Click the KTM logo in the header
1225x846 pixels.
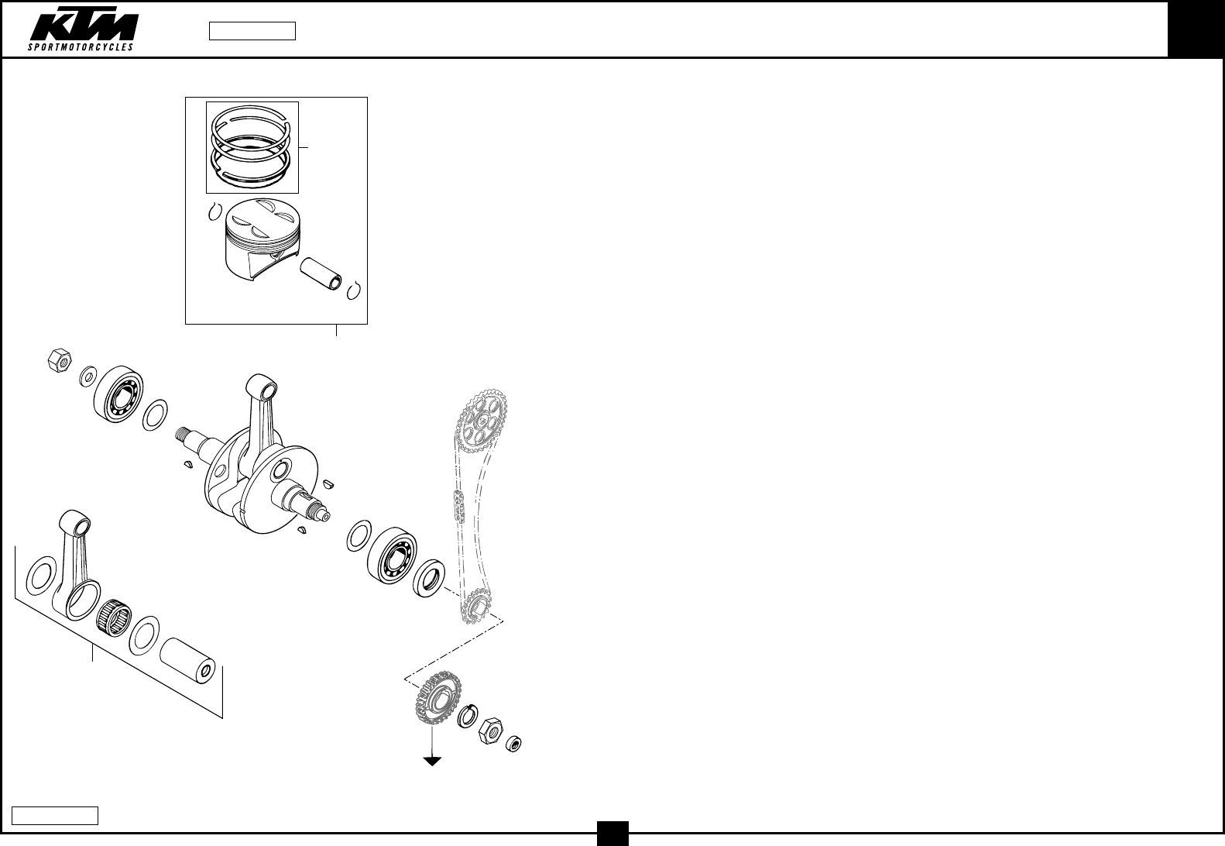pos(83,30)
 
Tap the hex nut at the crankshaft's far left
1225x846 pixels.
pos(59,360)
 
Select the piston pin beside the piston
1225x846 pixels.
pos(321,272)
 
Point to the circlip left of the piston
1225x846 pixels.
pos(216,211)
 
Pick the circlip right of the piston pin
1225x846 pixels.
pos(355,290)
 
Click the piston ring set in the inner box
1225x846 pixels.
pos(252,146)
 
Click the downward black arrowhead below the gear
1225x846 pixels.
pos(431,761)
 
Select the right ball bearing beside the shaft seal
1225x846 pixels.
pos(394,555)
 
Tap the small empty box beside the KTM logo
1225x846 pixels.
pos(252,31)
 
